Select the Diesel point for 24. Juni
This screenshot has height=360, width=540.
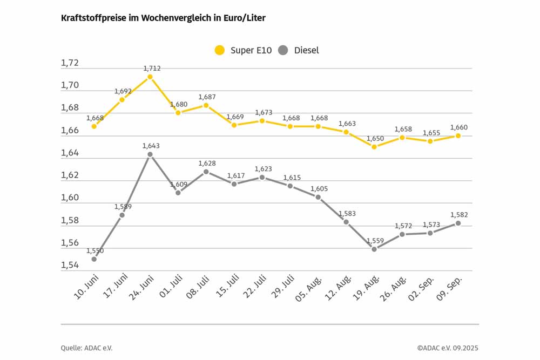tap(150, 154)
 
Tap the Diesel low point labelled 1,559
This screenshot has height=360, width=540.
tap(374, 249)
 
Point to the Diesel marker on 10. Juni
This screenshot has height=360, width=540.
tap(94, 259)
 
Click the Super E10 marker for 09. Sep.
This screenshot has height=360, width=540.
tap(458, 136)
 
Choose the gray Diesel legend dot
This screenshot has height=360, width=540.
tap(282, 50)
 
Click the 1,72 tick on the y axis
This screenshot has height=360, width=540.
tap(70, 63)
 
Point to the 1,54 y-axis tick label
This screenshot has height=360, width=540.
tap(70, 266)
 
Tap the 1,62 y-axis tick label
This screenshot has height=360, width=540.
tap(70, 175)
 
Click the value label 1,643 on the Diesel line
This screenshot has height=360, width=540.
tap(151, 146)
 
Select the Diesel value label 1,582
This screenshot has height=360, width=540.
tap(459, 215)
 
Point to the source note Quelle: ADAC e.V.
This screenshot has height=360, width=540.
tap(87, 348)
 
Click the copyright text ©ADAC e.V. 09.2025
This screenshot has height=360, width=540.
tap(447, 348)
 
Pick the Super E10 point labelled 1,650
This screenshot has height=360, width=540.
tap(374, 147)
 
